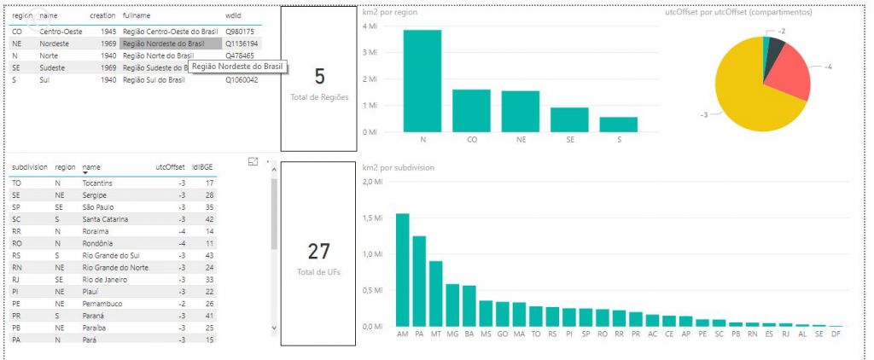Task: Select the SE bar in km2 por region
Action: tap(569, 119)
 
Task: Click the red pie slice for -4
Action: tap(785, 77)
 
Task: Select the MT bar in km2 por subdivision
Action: tap(435, 293)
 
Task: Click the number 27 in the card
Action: tap(318, 251)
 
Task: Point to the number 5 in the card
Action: tap(319, 77)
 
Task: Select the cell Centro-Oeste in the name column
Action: tap(61, 31)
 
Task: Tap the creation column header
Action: tap(103, 16)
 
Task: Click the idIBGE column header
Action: tap(202, 168)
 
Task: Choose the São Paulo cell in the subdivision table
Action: tap(98, 206)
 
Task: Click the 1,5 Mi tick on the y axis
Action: tap(372, 218)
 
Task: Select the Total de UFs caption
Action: tap(318, 271)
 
